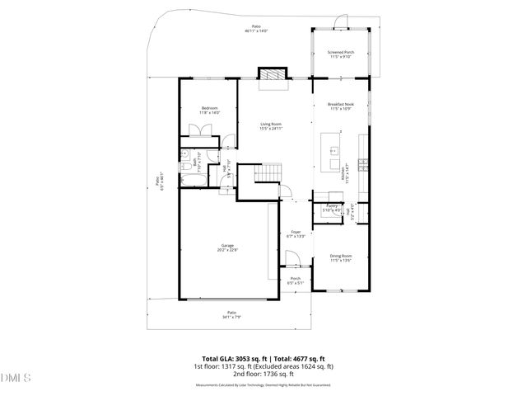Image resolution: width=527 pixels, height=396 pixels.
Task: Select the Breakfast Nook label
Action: [x=340, y=106]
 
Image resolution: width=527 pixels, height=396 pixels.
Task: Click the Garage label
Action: [x=228, y=247]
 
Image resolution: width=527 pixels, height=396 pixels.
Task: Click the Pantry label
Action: [x=333, y=208]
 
